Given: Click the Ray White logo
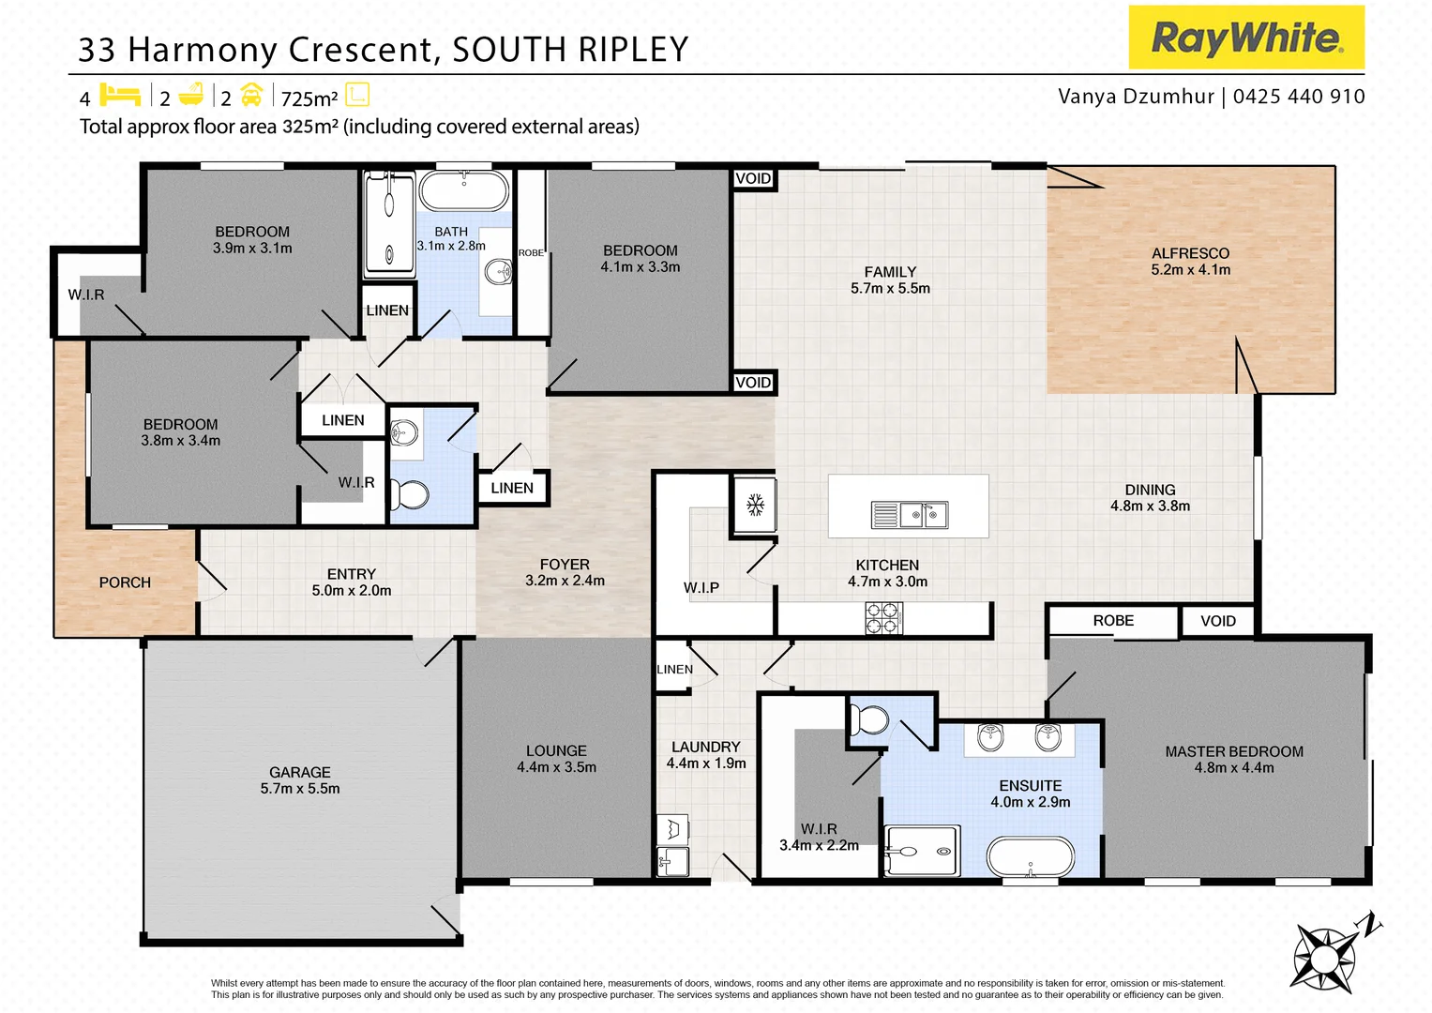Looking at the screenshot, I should [x=1245, y=38].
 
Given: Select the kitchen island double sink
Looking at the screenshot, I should [x=909, y=514].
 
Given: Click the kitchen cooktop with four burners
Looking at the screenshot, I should [x=882, y=619].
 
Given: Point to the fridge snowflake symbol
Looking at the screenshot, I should [x=755, y=506].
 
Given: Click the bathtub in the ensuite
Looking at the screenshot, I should [x=1030, y=855].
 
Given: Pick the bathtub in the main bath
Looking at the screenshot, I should [x=463, y=191].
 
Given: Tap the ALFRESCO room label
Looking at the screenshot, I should [x=1190, y=253].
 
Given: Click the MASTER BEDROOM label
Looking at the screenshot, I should [x=1233, y=751].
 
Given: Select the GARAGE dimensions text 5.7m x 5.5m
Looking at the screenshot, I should [x=300, y=789].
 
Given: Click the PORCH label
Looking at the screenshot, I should [x=125, y=582].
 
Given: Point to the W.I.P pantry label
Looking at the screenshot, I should [x=701, y=588].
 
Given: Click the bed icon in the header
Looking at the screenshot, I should [x=119, y=96].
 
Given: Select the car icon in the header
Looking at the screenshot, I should [x=251, y=96].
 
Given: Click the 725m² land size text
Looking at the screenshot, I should [x=309, y=98].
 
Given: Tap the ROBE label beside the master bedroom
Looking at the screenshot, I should [x=1112, y=621].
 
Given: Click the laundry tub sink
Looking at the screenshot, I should [x=671, y=860].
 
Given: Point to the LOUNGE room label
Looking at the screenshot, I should [x=556, y=750].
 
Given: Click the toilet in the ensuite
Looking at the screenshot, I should [x=869, y=720].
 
